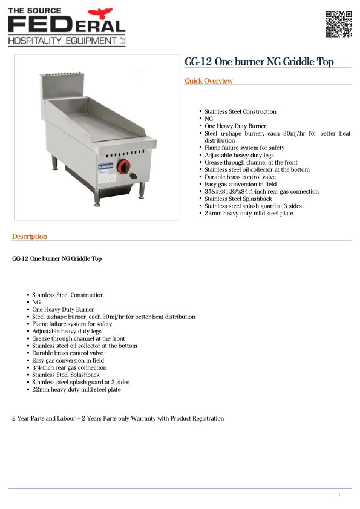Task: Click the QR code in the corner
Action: point(338,24)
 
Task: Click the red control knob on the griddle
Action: point(123,166)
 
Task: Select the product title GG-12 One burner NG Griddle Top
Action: point(259,62)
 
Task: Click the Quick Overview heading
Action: point(209,81)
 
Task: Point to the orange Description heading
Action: point(30,237)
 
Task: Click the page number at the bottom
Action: point(339,494)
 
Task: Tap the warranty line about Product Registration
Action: point(118,418)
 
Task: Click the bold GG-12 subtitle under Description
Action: point(57,259)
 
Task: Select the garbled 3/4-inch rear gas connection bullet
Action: point(261,192)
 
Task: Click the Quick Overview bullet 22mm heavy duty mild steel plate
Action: point(249,214)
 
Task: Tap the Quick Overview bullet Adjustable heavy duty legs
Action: point(239,156)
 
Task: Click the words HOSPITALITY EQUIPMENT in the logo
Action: point(62,41)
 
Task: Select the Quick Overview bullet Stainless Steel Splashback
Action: point(238,199)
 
